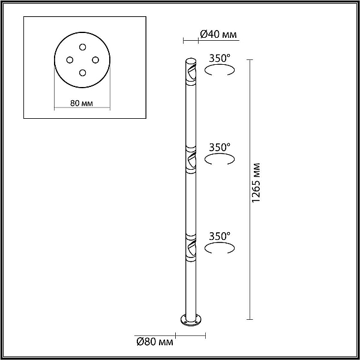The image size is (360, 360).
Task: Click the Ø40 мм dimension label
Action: pyautogui.click(x=218, y=34)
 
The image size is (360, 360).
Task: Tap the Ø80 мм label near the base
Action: pyautogui.click(x=155, y=342)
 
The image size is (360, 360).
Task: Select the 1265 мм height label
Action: pyautogui.click(x=256, y=183)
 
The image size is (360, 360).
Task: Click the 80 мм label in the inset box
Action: pyautogui.click(x=82, y=103)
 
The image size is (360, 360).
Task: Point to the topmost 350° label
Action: pyautogui.click(x=219, y=58)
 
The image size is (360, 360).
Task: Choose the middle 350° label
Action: pyautogui.click(x=219, y=148)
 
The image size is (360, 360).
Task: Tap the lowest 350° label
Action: pyautogui.click(x=219, y=236)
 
